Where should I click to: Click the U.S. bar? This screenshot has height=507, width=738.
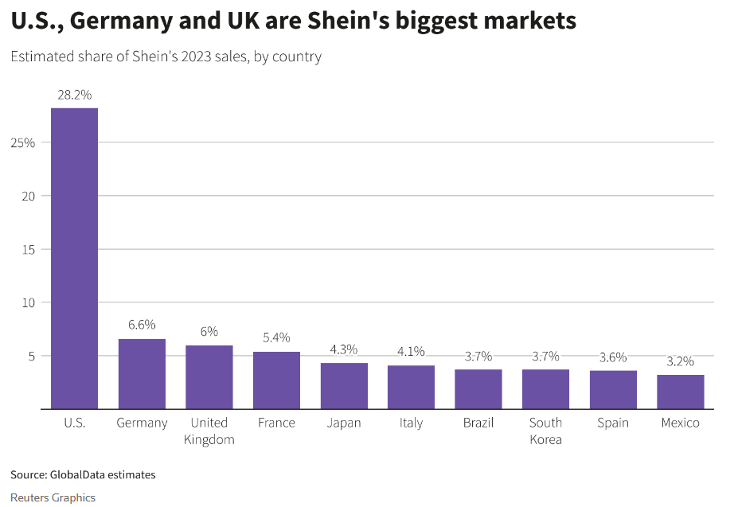tap(74, 258)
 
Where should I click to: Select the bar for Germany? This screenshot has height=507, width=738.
tap(142, 373)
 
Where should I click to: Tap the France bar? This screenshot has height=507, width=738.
tap(276, 380)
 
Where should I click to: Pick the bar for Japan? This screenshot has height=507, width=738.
tap(344, 385)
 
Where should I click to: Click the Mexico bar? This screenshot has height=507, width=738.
tap(680, 392)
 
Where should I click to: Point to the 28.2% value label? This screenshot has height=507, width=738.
tap(74, 95)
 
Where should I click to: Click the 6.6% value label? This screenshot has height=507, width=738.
tap(142, 325)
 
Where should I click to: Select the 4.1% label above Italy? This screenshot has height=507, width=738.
tap(411, 351)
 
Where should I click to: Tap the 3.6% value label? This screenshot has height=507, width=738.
tap(612, 357)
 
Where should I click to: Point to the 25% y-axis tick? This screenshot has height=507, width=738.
tap(22, 142)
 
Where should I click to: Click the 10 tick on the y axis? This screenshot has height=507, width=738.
tap(29, 302)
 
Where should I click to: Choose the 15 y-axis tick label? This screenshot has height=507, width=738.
tap(29, 249)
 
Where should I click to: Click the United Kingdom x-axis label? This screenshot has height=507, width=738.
tap(209, 431)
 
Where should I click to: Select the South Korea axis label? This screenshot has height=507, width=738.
tap(545, 431)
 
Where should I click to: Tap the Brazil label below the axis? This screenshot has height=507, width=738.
tap(478, 423)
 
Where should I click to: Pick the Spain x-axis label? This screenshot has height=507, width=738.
tap(612, 423)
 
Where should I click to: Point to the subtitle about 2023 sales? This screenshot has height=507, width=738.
tap(166, 57)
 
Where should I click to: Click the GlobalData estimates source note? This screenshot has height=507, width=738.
tap(83, 475)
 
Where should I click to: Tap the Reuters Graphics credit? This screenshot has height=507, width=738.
tap(53, 497)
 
